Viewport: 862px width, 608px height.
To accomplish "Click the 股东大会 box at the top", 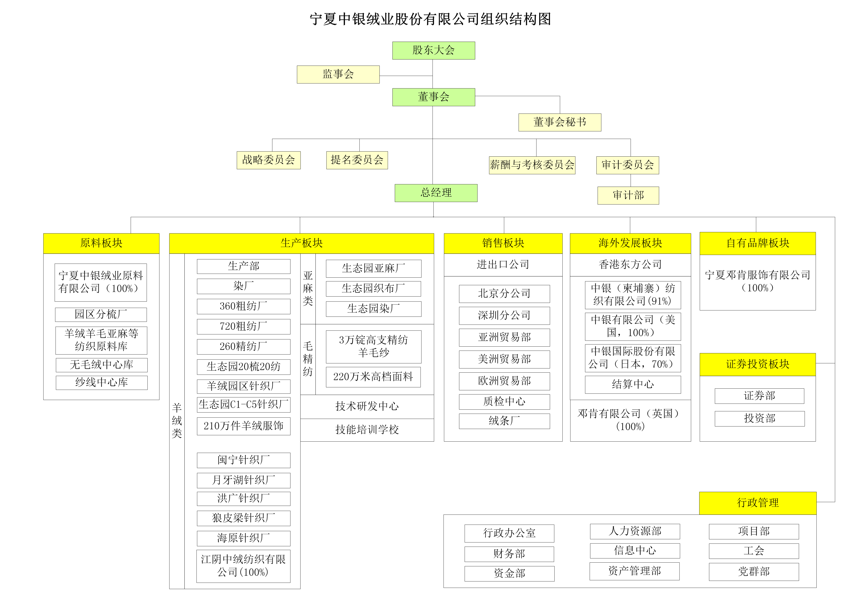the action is pos(434,50).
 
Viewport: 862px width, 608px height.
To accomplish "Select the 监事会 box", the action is pos(338,74).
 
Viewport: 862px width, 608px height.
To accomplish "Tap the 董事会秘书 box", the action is pos(560,122).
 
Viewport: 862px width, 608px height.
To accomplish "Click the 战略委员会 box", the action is pos(269,160).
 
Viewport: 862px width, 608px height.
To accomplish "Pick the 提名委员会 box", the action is pos(357,160).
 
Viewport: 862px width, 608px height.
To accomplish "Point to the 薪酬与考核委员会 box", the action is pos(532,165).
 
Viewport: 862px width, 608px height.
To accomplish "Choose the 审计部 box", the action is pos(628,195).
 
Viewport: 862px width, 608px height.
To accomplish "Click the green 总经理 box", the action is pos(436,193).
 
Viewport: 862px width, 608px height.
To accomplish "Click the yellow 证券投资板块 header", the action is pos(758,364).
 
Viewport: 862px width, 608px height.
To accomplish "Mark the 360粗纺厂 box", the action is pos(244,306).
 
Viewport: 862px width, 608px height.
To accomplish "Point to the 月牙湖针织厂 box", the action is pos(244,480).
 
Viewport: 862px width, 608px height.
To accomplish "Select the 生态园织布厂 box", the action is pos(374,289).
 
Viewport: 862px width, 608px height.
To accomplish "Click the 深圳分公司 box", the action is pos(504,316).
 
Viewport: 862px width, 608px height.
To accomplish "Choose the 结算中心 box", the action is pos(633,384).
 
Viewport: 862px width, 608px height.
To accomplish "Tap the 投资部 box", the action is pos(760,419).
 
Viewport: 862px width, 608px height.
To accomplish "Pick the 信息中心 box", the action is pos(635,551).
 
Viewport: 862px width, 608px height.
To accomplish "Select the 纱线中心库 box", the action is pos(102,383).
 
